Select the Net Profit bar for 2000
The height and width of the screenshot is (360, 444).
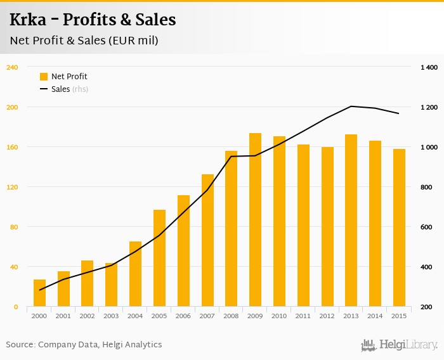coord(39,293)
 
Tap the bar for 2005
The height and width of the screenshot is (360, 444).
coord(159,258)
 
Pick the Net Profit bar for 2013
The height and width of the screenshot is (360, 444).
coord(351,221)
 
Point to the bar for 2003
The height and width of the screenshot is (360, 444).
coord(111,285)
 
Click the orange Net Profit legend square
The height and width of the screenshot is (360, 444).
coord(44,77)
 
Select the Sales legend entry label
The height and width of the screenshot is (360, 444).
coord(60,89)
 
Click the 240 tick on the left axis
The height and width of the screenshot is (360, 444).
coord(11,67)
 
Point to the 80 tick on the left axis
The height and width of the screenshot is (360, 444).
coord(13,227)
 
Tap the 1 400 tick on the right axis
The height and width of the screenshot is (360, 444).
coord(429,67)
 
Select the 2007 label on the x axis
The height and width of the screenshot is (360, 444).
coord(207,316)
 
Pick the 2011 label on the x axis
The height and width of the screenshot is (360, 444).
coord(303,316)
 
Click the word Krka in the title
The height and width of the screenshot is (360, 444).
coord(31,20)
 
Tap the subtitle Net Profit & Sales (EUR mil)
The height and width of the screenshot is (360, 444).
coord(84,41)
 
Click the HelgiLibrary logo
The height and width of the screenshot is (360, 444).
coord(399,345)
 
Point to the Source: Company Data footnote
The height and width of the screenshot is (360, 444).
coord(84,345)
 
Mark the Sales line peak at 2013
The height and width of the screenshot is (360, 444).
coord(351,106)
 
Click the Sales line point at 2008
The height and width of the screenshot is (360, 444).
coord(231,156)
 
